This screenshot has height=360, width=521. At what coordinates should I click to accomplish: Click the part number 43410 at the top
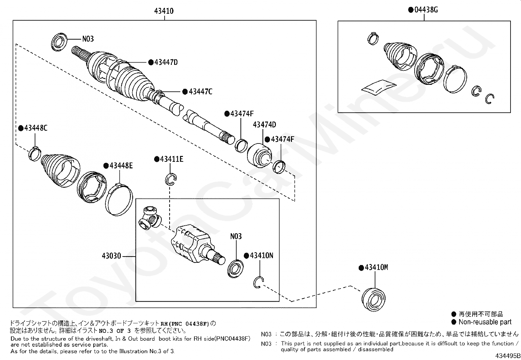[x=164, y=11]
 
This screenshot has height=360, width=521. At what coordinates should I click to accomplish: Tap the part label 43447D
[x=166, y=62]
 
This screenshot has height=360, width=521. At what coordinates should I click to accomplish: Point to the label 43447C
[x=200, y=92]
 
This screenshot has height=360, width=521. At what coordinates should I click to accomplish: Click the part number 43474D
[x=264, y=125]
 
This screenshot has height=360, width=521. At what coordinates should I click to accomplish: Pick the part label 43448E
[x=121, y=166]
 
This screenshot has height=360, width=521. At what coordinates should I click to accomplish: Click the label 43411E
[x=171, y=159]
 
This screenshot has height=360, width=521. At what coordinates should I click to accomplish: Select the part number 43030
[x=111, y=256]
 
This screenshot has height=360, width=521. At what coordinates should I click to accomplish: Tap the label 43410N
[x=261, y=256]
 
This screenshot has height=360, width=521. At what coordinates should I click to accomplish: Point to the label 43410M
[x=376, y=268]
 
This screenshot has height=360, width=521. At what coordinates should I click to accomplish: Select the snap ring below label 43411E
[x=171, y=179]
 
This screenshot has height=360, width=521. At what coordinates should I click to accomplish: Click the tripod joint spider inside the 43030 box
[x=150, y=218]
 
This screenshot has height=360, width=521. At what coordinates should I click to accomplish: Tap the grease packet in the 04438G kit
[x=379, y=86]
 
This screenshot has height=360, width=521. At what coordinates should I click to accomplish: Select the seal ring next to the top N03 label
[x=60, y=42]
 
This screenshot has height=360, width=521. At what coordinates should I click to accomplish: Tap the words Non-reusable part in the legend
[x=485, y=322]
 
